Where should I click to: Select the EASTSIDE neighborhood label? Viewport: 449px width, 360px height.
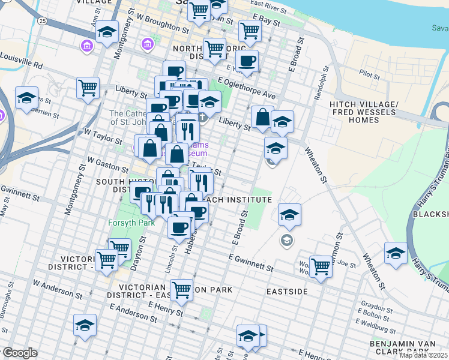(287, 291)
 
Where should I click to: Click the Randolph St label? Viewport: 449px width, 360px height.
(320, 83)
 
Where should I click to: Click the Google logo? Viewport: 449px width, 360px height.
(20, 353)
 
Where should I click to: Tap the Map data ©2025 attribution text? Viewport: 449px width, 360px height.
(424, 355)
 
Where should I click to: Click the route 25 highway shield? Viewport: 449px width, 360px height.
(41, 21)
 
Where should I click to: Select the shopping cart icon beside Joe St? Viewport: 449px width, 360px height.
(321, 266)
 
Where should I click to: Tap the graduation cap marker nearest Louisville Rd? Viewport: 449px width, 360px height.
(27, 98)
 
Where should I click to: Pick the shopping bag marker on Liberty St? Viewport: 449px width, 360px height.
(262, 117)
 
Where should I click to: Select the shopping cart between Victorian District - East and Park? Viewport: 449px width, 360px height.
(181, 290)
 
